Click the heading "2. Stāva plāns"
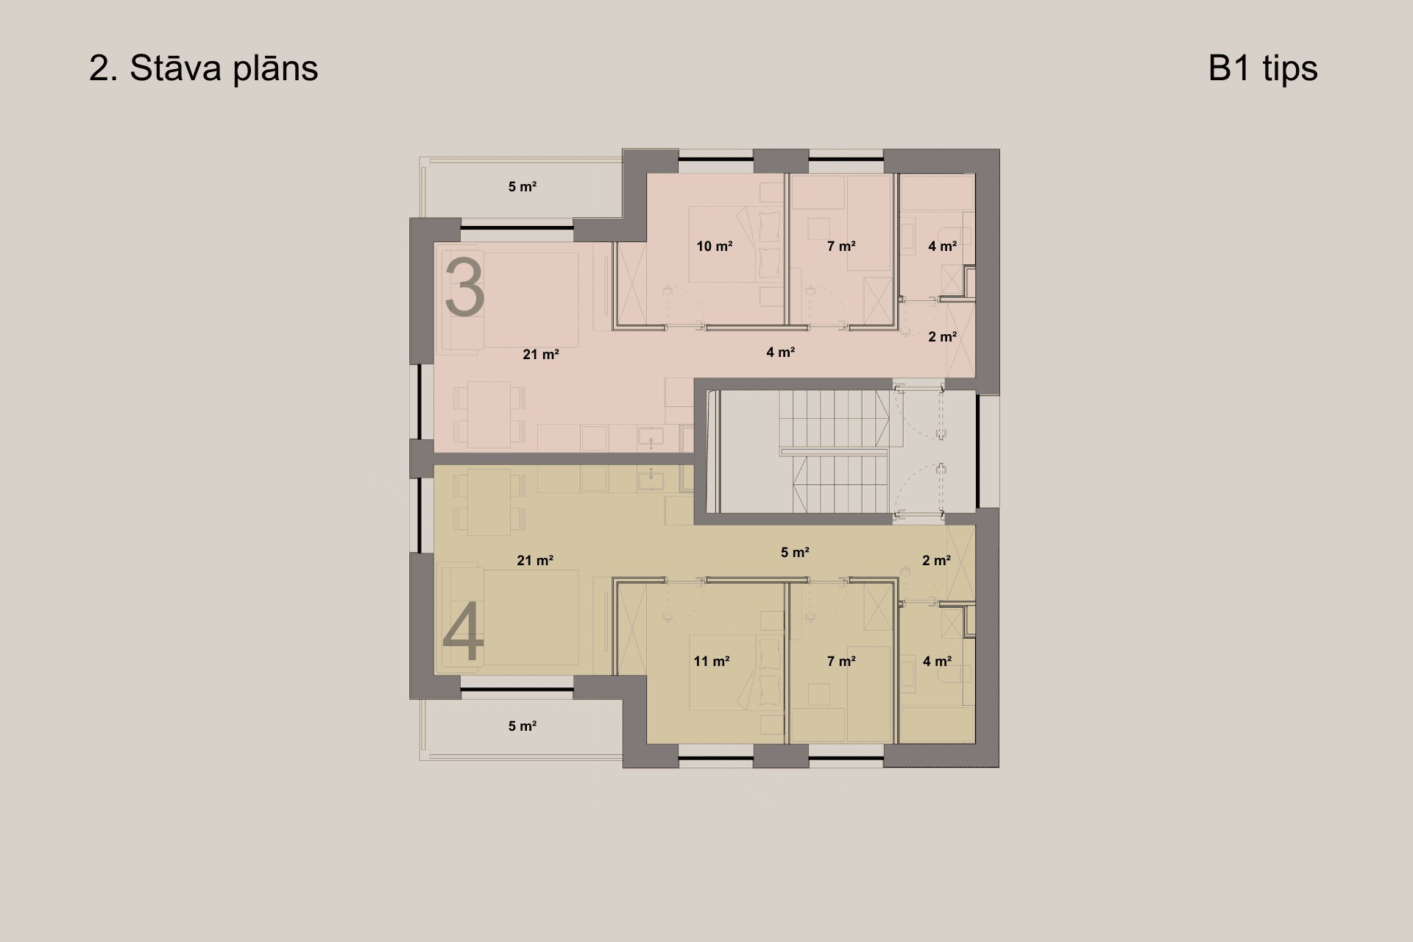coord(203,68)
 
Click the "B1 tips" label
coord(1263,68)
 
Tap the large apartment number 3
coord(464,287)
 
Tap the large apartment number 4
coord(464,631)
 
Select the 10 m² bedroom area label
coord(715,247)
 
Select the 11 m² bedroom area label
coord(712,662)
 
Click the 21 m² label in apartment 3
coord(541,355)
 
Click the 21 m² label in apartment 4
coord(535,561)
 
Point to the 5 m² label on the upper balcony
coord(523,187)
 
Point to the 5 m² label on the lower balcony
coord(523,726)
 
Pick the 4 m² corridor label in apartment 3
coord(781,353)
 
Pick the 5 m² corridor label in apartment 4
coord(796,552)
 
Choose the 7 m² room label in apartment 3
coord(841,247)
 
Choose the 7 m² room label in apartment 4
coord(841,662)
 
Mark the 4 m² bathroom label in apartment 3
coord(943,247)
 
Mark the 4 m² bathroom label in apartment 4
coord(938,662)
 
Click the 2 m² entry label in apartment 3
coord(943,337)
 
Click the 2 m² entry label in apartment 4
coord(937,561)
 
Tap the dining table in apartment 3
coord(489,414)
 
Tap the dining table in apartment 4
coord(489,503)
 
